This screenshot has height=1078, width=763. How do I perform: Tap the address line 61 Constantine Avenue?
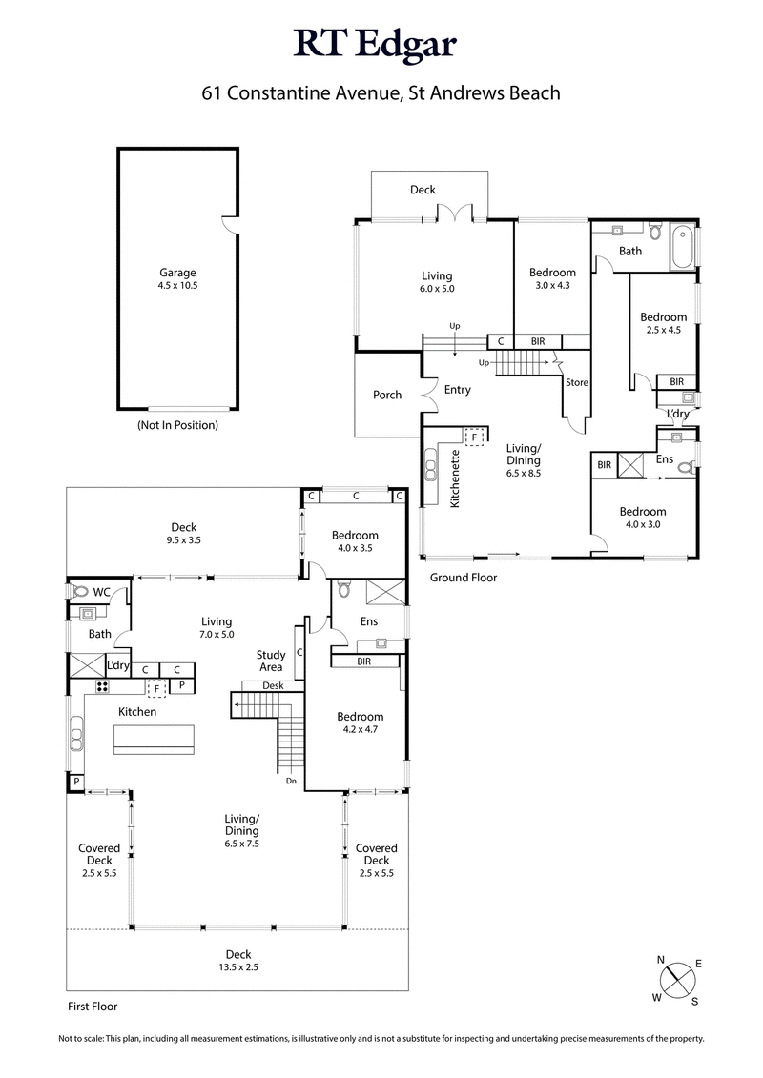click(x=381, y=93)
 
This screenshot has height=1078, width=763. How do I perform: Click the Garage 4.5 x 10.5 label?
click(x=177, y=278)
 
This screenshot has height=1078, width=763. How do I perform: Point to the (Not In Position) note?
click(x=177, y=425)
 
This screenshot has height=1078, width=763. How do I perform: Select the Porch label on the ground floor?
click(x=387, y=395)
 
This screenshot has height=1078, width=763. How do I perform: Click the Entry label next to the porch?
click(x=458, y=389)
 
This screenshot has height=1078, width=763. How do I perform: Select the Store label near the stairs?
click(x=577, y=383)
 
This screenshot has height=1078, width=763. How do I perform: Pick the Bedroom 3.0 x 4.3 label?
click(x=552, y=278)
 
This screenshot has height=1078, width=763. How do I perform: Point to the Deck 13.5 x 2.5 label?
click(x=237, y=960)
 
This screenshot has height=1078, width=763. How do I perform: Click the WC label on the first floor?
click(x=101, y=592)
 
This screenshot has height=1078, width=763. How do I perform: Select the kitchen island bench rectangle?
click(x=154, y=739)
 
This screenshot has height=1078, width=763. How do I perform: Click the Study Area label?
click(x=271, y=661)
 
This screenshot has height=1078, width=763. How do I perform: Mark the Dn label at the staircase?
click(x=292, y=782)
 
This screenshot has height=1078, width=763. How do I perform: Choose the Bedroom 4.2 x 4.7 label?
click(x=360, y=722)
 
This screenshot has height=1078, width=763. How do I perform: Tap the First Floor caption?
click(x=92, y=1006)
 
